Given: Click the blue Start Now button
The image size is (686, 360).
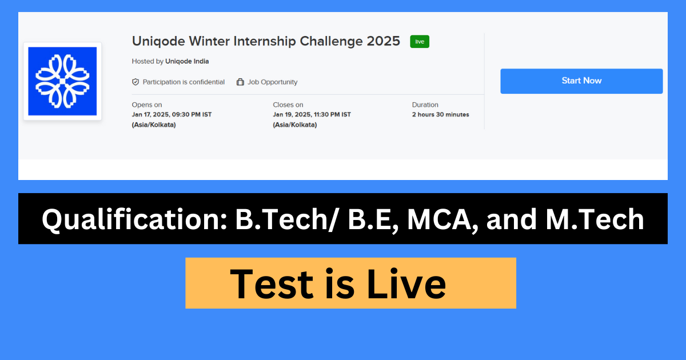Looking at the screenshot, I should tap(581, 81).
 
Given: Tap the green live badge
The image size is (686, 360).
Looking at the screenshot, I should tap(420, 42).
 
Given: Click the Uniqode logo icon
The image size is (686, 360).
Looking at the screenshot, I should tap(62, 81).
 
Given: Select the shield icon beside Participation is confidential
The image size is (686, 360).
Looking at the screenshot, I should tap(135, 82).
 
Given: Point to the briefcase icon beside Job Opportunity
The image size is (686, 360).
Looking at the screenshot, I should tap(240, 82).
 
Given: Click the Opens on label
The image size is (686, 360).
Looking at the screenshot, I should tap(147, 105).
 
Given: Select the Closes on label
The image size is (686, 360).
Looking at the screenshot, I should tap(288, 105).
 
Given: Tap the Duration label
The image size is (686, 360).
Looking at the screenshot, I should tap(425, 105).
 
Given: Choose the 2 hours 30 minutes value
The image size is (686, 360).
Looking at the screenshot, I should tap(441, 115).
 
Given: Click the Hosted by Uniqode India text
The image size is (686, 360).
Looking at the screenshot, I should tap(170, 62).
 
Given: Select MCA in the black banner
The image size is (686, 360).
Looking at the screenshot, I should tap(442, 219).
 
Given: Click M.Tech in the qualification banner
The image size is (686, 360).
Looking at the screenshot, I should tap(595, 219).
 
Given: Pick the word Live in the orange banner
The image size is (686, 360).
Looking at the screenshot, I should tap(406, 284).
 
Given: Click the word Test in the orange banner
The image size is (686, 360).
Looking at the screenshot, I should tap(273, 284).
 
